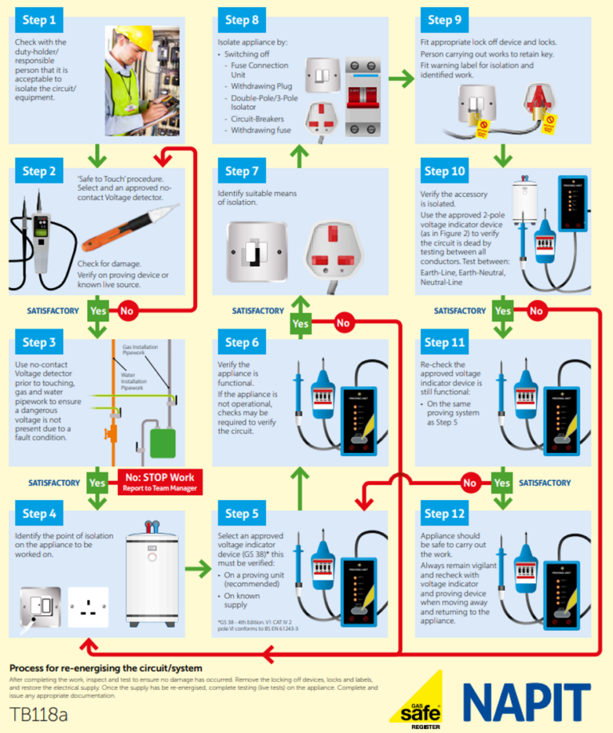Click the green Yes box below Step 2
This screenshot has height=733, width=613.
tap(98, 310)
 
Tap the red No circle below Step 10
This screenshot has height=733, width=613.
tap(536, 310)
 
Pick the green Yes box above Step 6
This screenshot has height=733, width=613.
tap(300, 323)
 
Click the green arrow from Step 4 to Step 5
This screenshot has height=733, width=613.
tap(199, 569)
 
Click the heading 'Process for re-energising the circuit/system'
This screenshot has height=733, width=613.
tap(105, 668)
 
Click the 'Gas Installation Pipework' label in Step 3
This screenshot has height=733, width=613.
tap(140, 350)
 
